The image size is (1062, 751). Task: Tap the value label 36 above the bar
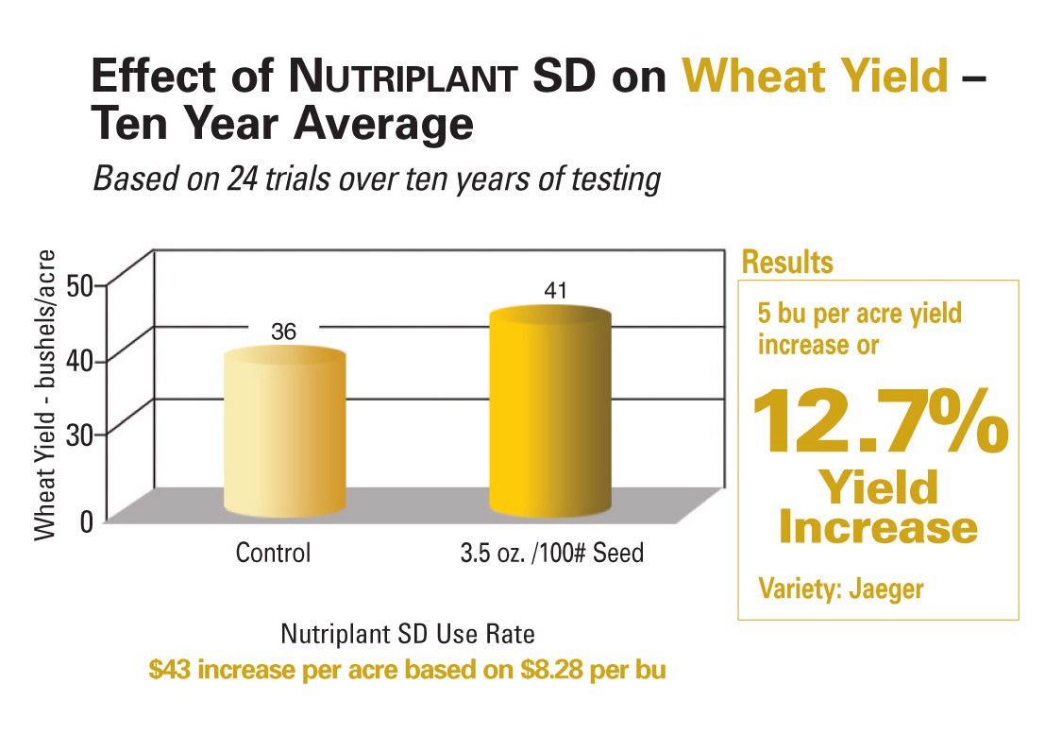pos(283,332)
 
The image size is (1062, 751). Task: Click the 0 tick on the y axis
pos(92,520)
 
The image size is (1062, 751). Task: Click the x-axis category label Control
pos(273,552)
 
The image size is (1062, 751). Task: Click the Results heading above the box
pos(787,262)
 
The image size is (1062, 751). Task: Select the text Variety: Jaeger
pos(841,589)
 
